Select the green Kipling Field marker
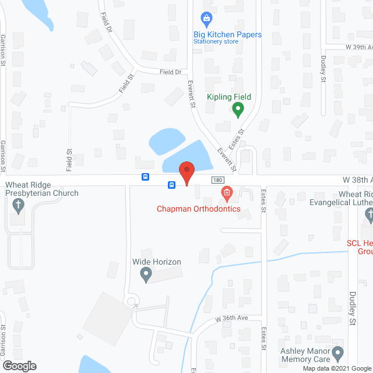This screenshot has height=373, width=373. (x=238, y=109)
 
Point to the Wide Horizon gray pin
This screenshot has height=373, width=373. (x=147, y=276)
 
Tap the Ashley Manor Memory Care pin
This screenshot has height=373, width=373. (x=337, y=354)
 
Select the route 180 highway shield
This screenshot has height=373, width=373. (x=217, y=180)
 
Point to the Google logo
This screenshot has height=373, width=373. (x=19, y=366)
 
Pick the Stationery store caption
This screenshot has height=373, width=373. (x=216, y=42)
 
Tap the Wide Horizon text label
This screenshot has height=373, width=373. (x=156, y=262)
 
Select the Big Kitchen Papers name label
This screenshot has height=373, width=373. (x=227, y=34)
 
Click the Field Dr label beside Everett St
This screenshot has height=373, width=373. (x=171, y=72)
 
